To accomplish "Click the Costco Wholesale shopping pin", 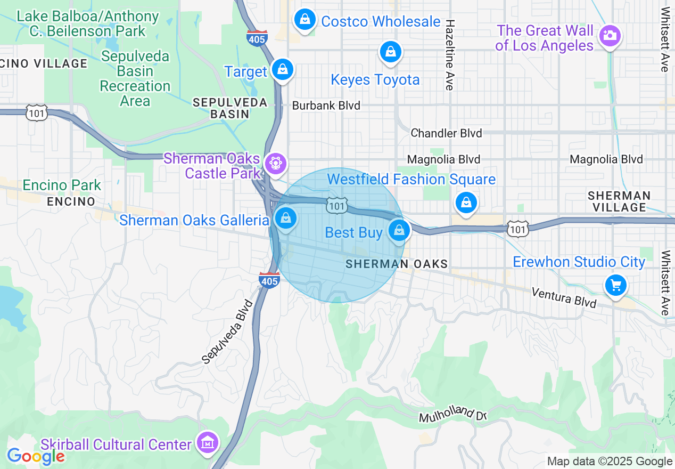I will [x=305, y=20].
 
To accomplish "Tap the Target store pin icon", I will [x=282, y=70].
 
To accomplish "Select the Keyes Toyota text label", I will [x=375, y=80].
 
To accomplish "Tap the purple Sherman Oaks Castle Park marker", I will [x=275, y=163].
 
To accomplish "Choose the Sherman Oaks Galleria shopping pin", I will [x=286, y=218].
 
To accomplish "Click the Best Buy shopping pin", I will [x=399, y=231].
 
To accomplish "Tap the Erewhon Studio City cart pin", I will [x=616, y=286].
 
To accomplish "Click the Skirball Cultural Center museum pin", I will [x=207, y=442].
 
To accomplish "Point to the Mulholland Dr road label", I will [x=453, y=414].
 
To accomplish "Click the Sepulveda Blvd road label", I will [x=227, y=331].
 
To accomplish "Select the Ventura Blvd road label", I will [x=564, y=297].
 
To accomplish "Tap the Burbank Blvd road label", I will [x=326, y=106].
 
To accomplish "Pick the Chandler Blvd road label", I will [x=446, y=133].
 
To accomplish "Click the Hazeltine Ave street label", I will [x=450, y=55].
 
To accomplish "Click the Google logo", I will [x=36, y=456].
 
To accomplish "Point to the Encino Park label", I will [x=62, y=185].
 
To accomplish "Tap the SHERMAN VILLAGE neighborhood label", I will [x=619, y=201].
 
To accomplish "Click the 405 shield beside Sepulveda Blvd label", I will [x=269, y=279].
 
